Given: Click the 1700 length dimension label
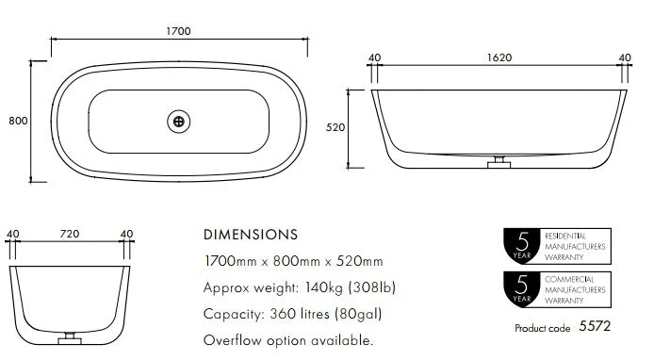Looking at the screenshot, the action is coord(178,31).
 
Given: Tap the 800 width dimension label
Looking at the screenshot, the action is coord(18,121).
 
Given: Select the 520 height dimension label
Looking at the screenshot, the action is coord(335,127).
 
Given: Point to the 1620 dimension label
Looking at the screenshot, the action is coord(499,57).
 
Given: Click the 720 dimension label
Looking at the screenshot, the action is coord(70,234).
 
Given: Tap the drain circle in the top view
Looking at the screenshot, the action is coord(178,122).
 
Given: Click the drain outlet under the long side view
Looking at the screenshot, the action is coord(499,162).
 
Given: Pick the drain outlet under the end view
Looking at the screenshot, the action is coord(70,338).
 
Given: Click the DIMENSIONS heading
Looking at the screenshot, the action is coord(251,235).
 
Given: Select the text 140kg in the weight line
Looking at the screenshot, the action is coord(323,287).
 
